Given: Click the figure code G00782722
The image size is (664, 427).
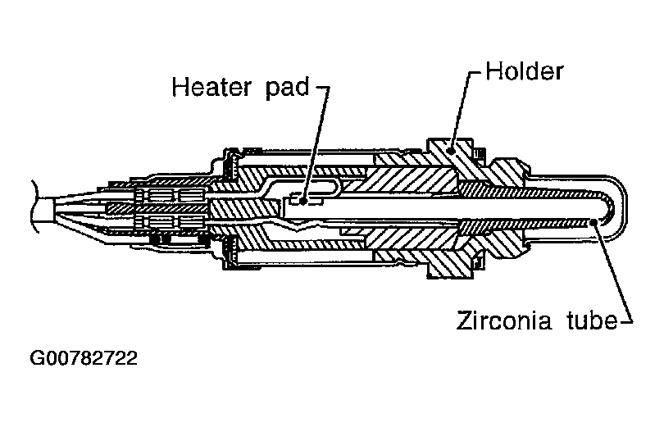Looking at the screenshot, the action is [83, 359].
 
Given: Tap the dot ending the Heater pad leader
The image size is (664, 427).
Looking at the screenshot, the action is [304, 198].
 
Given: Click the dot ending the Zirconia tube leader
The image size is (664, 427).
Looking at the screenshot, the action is [601, 222].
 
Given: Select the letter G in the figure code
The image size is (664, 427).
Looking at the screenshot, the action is [36, 359].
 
